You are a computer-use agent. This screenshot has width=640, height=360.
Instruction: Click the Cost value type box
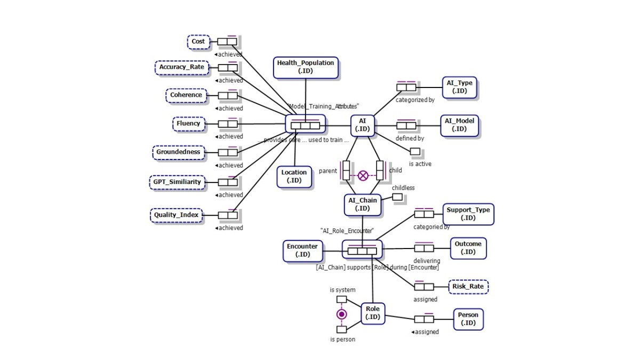pos(198,42)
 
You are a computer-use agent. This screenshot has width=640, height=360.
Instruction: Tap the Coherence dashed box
pos(186,95)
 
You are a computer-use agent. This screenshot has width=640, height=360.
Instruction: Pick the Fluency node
pos(188,124)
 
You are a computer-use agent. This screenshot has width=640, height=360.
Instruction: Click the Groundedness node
pos(178,152)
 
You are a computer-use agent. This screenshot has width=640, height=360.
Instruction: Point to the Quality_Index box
pos(176,215)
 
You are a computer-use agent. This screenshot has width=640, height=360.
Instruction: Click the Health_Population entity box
pos(306,67)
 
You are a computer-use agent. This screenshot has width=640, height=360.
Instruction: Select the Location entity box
pos(294,176)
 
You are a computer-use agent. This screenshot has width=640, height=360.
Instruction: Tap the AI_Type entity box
pos(459,87)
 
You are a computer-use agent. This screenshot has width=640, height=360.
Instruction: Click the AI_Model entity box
pos(459,125)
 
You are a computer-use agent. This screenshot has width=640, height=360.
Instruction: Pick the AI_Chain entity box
pos(363,204)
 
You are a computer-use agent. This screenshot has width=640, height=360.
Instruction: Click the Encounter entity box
pos(302,250)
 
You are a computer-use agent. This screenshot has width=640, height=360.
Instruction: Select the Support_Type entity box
pos(468,214)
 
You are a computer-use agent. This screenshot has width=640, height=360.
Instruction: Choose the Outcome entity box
pos(468,248)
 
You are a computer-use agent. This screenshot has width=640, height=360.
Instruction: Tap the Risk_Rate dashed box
pos(468,286)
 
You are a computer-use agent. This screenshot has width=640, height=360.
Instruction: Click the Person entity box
pos(468,319)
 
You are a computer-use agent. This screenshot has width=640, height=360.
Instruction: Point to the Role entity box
pos(373,313)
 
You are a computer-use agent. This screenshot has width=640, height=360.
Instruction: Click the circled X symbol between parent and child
pos(363,175)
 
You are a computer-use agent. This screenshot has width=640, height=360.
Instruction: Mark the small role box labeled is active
pos(415,152)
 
